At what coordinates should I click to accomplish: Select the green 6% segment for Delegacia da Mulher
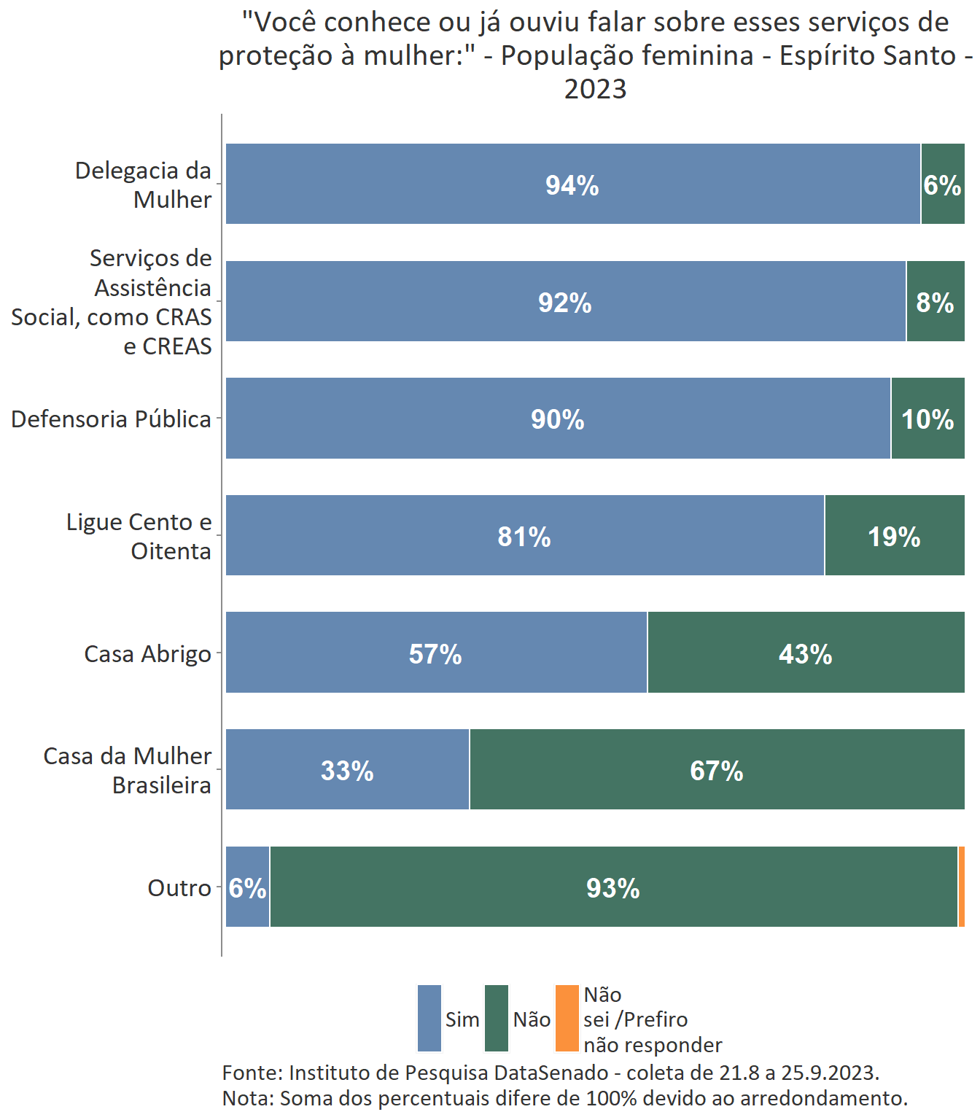point(942,184)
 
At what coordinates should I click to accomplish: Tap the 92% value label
point(565,303)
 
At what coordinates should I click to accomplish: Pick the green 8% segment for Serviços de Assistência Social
point(935,301)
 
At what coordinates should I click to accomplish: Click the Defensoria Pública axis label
point(111,419)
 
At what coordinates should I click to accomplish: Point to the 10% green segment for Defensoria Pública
point(927,419)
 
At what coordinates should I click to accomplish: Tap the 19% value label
point(894,537)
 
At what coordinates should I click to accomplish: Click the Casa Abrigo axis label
point(147,654)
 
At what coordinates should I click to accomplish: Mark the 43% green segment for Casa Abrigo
point(806,653)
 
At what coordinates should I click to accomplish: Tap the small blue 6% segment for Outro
point(248,887)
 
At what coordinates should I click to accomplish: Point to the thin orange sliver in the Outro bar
point(962,887)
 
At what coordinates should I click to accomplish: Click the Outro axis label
point(179,888)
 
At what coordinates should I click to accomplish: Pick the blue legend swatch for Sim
point(429,1019)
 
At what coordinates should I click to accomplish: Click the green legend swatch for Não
point(497,1019)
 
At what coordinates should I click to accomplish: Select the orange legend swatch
point(567,1019)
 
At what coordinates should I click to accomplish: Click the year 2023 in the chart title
point(595,89)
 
